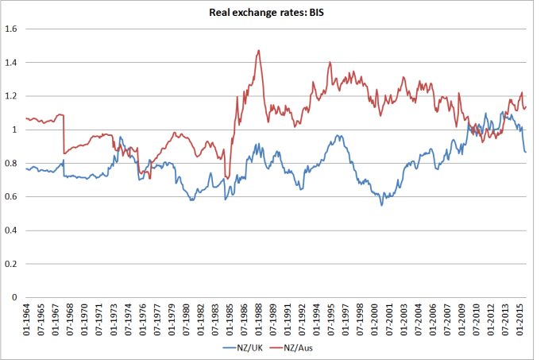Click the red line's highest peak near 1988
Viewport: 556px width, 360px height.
[x=259, y=51]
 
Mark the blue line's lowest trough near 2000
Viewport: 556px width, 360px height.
[x=381, y=205]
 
